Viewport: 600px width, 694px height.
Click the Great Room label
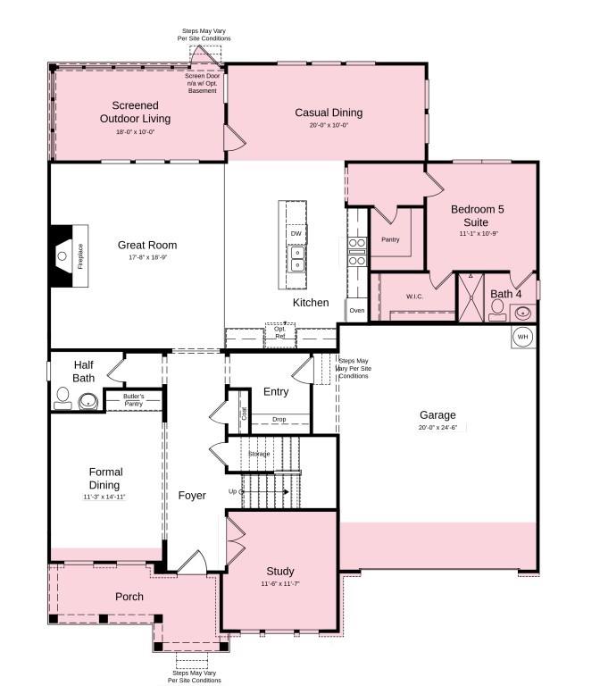pos(147,245)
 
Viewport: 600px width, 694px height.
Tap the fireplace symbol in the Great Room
pos(68,255)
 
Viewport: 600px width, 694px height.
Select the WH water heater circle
pos(524,337)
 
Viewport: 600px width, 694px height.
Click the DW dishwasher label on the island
pos(296,233)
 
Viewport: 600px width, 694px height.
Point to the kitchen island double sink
pos(296,259)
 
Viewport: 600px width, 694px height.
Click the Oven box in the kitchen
pos(356,310)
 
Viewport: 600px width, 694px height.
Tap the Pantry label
pos(390,239)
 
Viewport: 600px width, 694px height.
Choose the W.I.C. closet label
pos(414,296)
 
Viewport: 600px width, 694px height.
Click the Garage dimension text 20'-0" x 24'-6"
pos(437,428)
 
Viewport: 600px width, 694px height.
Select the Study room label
pos(280,572)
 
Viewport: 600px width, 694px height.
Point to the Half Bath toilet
pos(63,397)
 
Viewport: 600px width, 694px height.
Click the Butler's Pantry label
pos(133,400)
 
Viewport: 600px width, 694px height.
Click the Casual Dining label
pos(329,113)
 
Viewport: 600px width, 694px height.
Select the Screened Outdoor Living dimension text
pos(135,131)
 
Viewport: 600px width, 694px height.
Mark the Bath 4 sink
pos(524,313)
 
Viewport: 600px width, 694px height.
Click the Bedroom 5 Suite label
pos(477,215)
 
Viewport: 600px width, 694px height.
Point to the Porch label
pos(129,597)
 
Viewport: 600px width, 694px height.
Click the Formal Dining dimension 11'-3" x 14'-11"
pos(105,497)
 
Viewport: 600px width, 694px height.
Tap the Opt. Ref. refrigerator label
pos(279,332)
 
